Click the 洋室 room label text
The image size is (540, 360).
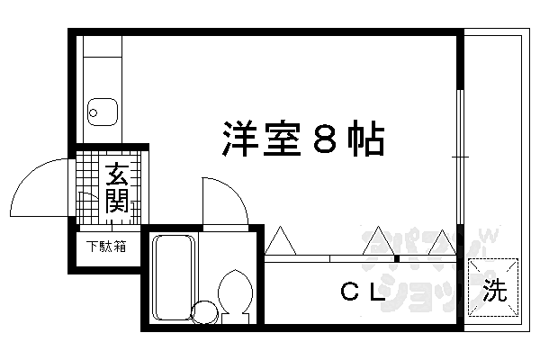point(261,140)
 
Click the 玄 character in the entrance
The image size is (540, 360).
point(117,173)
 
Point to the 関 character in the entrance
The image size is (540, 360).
point(117,202)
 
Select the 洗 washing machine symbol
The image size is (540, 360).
point(494,290)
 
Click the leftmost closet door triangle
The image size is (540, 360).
point(281,241)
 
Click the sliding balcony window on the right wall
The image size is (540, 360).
point(460,157)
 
